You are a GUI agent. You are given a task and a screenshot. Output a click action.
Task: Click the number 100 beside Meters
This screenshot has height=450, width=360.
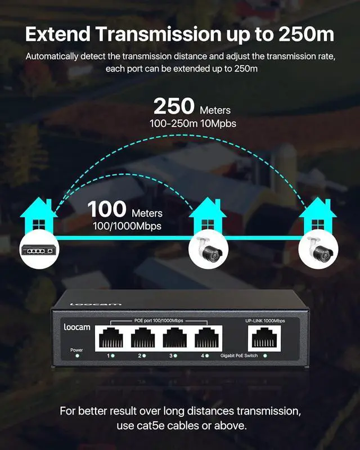coord(107,209)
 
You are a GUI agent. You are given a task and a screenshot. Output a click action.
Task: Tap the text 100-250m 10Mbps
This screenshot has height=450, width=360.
coord(192,123)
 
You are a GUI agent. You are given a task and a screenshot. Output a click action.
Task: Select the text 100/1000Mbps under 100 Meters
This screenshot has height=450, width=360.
coord(127,226)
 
